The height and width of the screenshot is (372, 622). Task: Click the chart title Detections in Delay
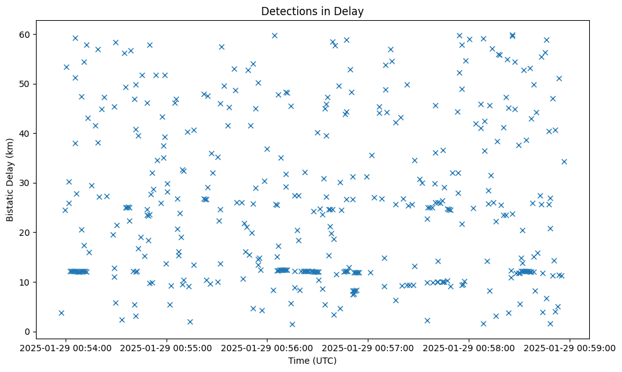312,11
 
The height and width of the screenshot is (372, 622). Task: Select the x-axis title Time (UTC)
312,361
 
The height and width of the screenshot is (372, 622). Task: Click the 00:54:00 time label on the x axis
66,347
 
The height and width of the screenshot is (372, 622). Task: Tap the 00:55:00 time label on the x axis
167,347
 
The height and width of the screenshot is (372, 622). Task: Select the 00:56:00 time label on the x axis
268,347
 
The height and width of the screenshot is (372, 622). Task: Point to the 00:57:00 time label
368,347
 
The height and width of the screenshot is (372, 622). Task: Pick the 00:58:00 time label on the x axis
469,347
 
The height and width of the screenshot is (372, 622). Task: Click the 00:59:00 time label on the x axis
570,347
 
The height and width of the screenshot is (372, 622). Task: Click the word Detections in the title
284,11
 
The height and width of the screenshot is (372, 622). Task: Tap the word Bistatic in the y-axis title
10,203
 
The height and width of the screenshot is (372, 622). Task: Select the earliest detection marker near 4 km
61,313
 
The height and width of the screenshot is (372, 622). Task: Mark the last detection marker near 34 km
564,161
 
